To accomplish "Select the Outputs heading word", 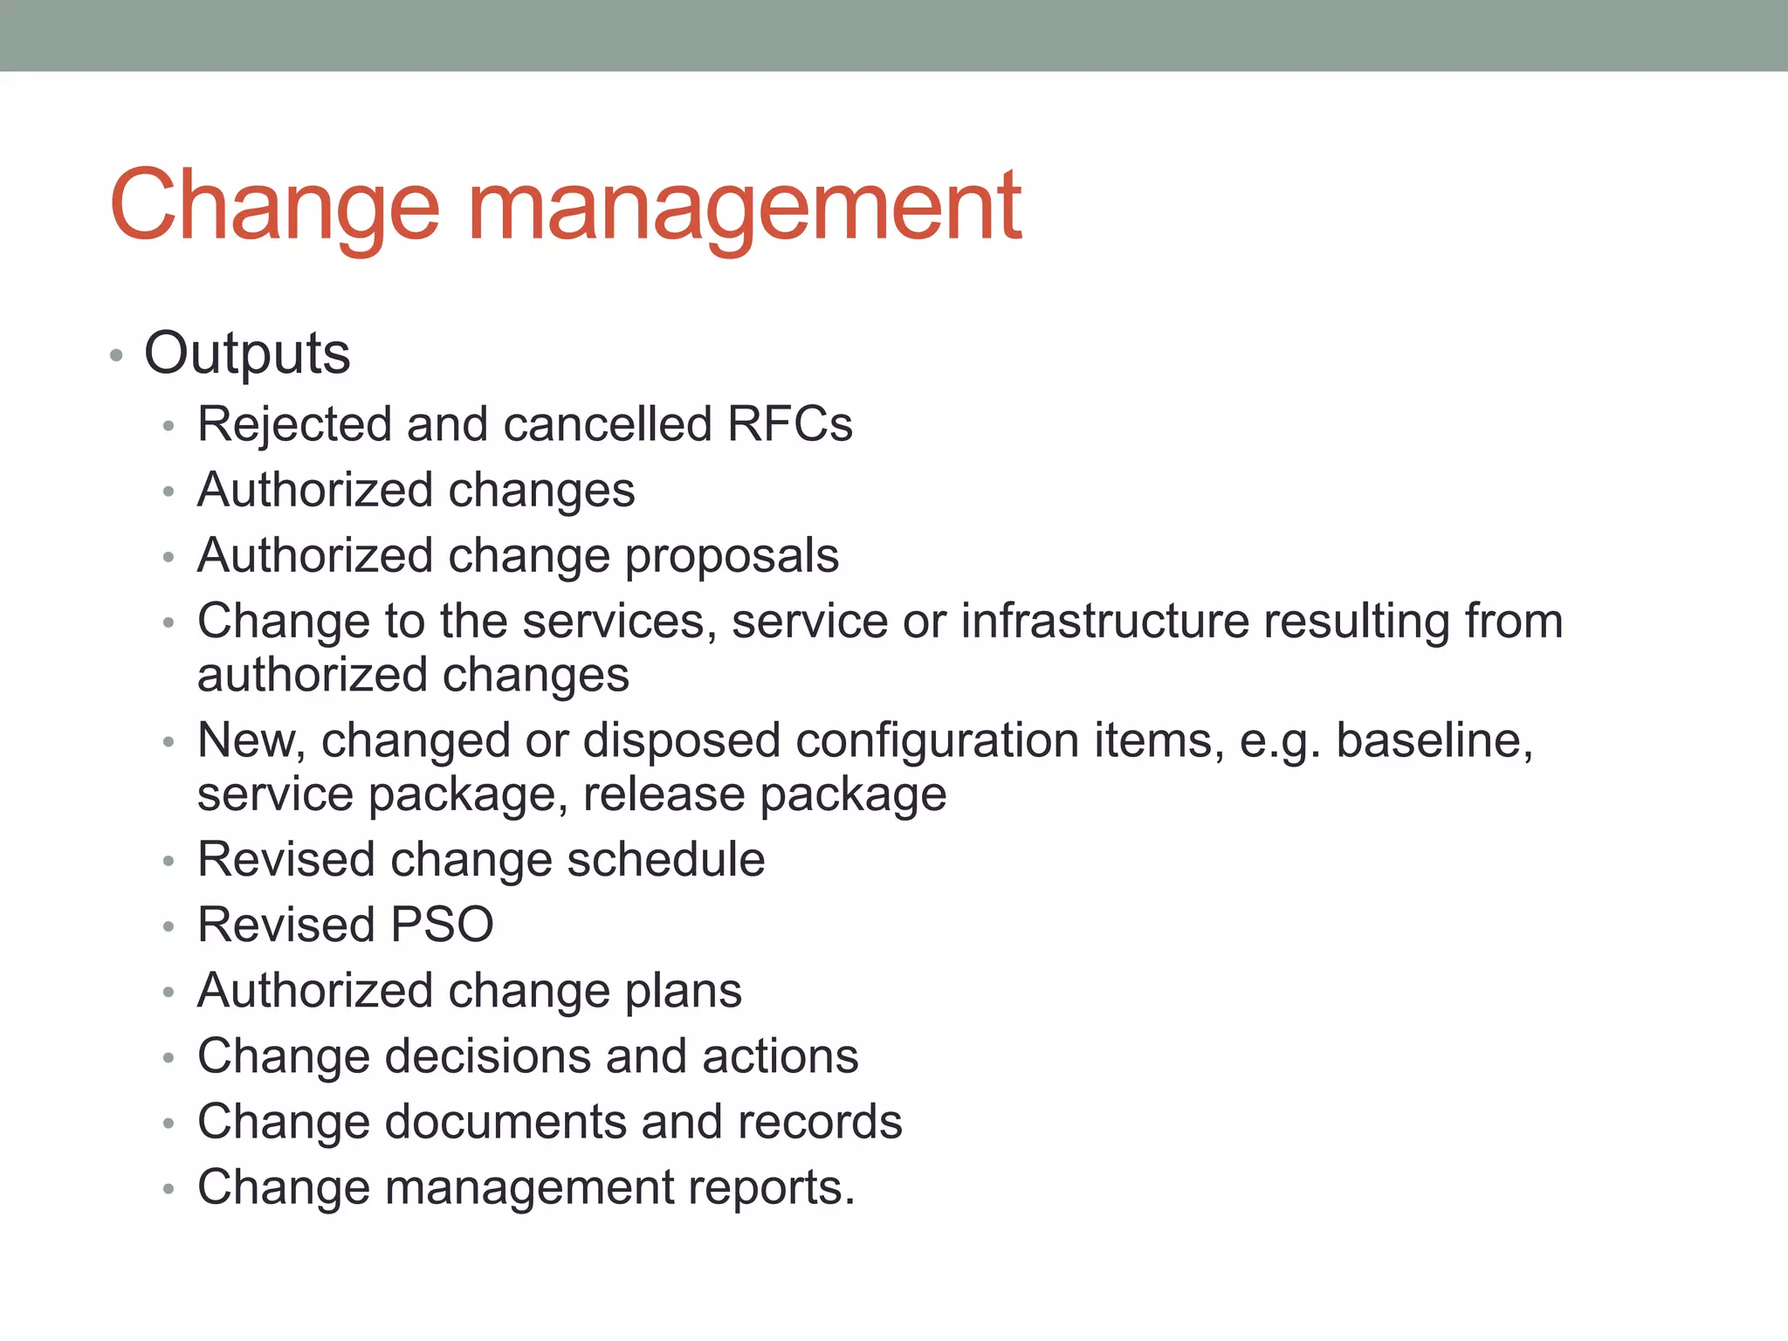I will [247, 354].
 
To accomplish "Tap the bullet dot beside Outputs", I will [116, 355].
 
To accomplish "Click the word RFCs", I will [789, 424].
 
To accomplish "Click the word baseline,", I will [1434, 741].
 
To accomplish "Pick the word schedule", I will [666, 860].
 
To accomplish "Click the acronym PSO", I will [442, 925].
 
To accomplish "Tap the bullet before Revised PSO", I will [168, 927].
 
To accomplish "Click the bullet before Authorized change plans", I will [168, 993].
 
